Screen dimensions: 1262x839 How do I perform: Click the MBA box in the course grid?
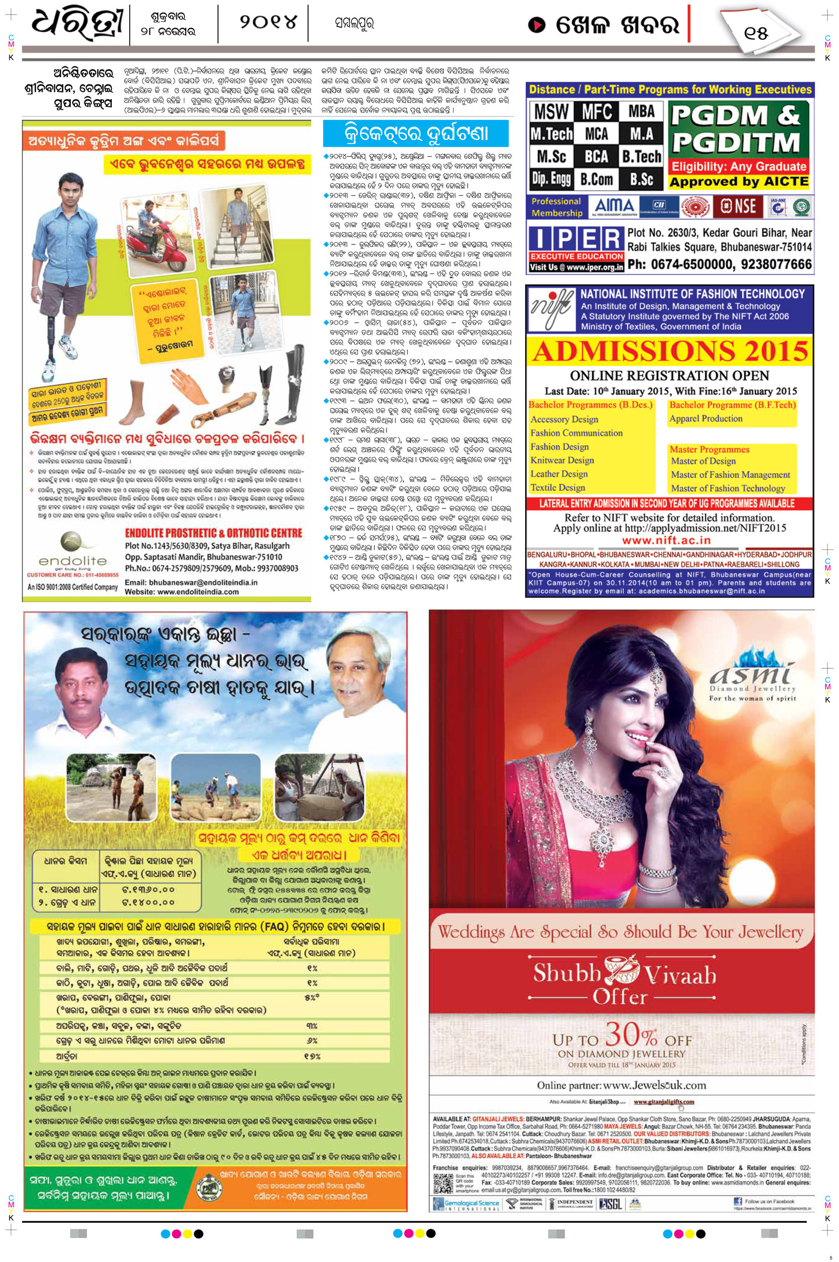point(641,112)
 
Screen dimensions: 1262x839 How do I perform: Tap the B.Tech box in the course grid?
point(641,157)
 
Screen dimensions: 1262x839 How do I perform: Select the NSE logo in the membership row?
point(738,206)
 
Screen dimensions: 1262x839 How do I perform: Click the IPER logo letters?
point(576,239)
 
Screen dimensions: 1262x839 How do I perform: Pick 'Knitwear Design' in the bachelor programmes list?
point(562,460)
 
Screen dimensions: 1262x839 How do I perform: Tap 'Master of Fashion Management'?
point(730,474)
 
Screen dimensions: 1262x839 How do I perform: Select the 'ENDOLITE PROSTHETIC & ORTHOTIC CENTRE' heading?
point(213,533)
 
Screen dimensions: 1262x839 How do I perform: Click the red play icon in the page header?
point(536,25)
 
